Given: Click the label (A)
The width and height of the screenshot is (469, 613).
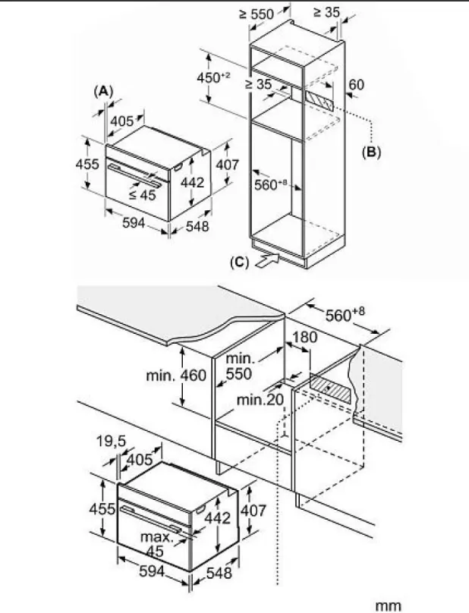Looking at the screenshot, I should coord(103,91).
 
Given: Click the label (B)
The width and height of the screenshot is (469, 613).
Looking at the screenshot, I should coord(370,151).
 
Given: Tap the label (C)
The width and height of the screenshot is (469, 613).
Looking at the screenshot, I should coord(239,263).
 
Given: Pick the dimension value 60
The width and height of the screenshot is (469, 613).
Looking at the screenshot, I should coord(356,84).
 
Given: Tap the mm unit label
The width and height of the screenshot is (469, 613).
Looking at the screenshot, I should coord(388,605).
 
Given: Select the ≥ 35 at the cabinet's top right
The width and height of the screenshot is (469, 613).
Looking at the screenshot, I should coord(326,13).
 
